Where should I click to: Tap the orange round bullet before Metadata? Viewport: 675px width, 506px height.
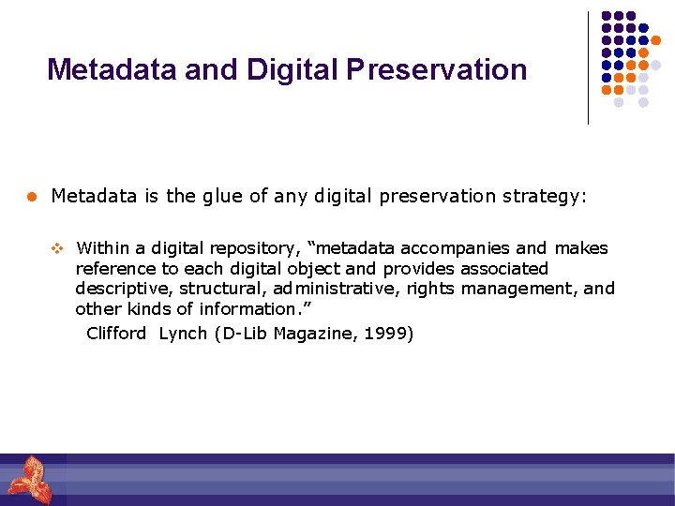(31, 197)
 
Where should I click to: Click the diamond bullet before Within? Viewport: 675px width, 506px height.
(55, 249)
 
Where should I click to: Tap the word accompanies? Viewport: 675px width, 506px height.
(456, 248)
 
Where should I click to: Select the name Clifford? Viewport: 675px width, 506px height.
(116, 334)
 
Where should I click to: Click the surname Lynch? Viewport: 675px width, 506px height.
(183, 334)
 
